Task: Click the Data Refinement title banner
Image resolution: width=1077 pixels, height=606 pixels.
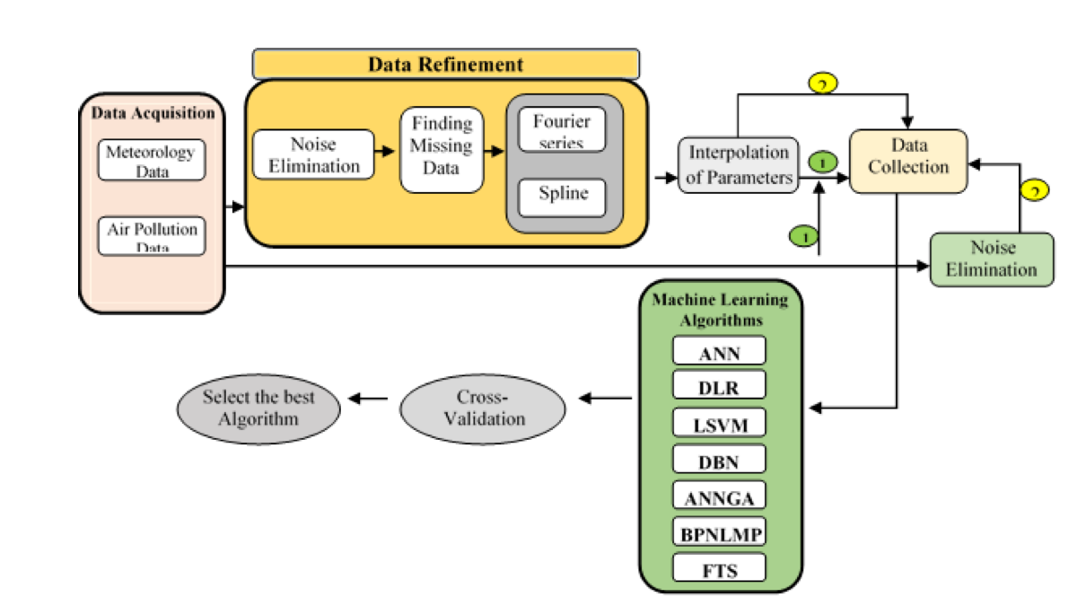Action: (x=446, y=65)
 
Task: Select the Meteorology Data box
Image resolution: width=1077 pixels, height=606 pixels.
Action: (x=152, y=160)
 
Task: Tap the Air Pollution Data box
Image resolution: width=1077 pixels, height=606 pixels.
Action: (x=152, y=235)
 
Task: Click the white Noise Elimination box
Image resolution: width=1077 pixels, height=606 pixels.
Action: (x=313, y=154)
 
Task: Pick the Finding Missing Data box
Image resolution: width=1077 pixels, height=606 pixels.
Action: (x=441, y=150)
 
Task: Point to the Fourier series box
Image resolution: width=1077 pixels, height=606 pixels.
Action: (x=563, y=130)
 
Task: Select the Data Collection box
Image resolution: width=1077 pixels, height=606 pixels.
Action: (x=908, y=161)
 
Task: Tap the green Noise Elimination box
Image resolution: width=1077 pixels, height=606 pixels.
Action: (x=991, y=259)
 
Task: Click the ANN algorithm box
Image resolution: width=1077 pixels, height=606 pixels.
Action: (x=719, y=351)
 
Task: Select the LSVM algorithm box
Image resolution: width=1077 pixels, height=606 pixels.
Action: (x=719, y=423)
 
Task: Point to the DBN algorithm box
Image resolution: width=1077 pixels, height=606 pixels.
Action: (x=719, y=460)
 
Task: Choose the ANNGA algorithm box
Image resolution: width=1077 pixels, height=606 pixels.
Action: (x=719, y=496)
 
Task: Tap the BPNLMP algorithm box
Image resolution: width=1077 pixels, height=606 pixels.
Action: (x=719, y=532)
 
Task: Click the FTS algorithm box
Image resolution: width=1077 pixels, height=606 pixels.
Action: (x=719, y=567)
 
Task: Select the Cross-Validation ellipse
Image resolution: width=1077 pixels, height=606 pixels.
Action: (x=483, y=408)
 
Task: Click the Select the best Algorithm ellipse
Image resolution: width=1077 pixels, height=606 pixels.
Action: (x=258, y=408)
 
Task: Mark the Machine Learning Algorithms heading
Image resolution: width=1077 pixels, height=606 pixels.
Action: (x=720, y=309)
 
